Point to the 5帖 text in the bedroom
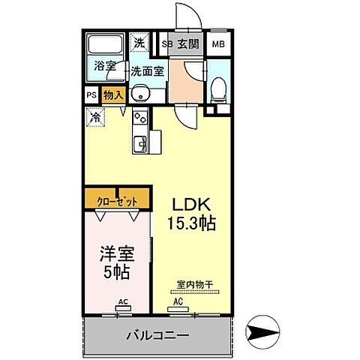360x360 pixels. [117, 271]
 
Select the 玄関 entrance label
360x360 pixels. [189, 44]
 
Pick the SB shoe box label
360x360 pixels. [168, 44]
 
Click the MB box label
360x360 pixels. [217, 44]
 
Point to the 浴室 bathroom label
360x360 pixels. [105, 66]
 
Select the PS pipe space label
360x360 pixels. [91, 95]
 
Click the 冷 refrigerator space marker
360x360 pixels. [95, 116]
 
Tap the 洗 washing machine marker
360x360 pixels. [140, 43]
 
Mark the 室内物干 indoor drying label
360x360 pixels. [194, 284]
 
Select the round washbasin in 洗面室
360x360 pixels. [139, 94]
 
